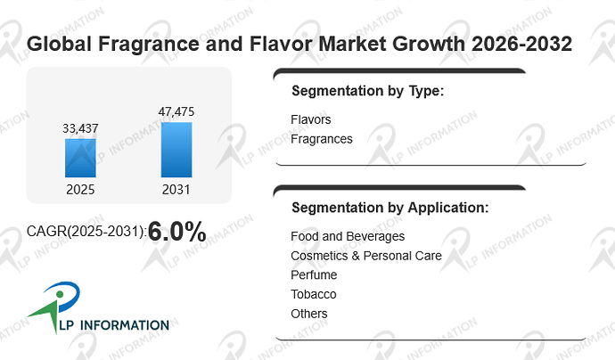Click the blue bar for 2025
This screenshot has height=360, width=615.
(80, 158)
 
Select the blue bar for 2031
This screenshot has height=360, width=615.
(176, 150)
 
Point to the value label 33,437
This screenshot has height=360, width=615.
(80, 128)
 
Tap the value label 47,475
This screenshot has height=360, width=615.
(176, 111)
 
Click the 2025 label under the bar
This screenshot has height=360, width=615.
(80, 190)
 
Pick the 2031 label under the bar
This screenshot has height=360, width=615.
(176, 190)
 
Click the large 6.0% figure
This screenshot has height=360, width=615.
(176, 232)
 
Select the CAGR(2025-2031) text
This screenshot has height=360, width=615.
(86, 232)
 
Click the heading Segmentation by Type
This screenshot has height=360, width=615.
(367, 91)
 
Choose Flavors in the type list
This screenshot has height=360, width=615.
(311, 119)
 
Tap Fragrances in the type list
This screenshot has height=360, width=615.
(322, 139)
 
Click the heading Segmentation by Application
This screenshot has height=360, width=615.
(390, 208)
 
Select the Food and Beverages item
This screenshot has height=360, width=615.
(348, 236)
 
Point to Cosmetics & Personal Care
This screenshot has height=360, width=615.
(366, 256)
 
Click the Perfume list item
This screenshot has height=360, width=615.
(314, 275)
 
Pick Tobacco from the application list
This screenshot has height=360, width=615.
(314, 294)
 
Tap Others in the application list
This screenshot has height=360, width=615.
(309, 314)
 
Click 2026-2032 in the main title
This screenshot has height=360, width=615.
(521, 44)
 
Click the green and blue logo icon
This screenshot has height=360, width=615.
(55, 306)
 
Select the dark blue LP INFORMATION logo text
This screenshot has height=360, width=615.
(114, 325)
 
